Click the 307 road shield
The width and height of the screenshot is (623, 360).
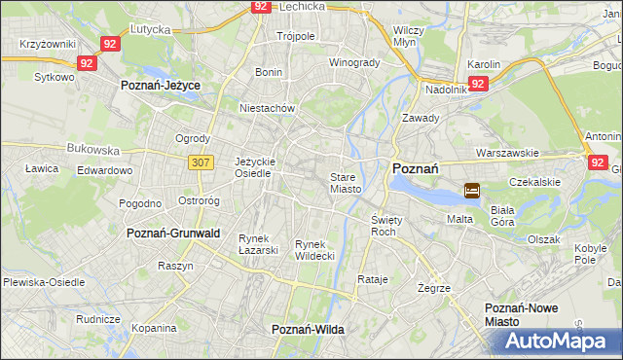click(202, 162)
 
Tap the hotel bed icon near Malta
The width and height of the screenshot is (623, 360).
click(472, 191)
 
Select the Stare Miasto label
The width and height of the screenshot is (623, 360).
click(346, 183)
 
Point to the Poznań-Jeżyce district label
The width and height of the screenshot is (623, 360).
click(161, 86)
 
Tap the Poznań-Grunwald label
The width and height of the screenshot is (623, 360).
click(174, 234)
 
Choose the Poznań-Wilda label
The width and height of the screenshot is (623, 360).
click(308, 331)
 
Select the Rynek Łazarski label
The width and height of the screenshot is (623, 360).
click(259, 244)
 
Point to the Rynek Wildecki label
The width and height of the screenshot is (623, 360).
click(314, 250)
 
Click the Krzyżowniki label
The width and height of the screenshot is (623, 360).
click(48, 45)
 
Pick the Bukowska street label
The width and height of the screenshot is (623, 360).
click(92, 151)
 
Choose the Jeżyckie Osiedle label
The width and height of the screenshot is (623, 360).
click(255, 166)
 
